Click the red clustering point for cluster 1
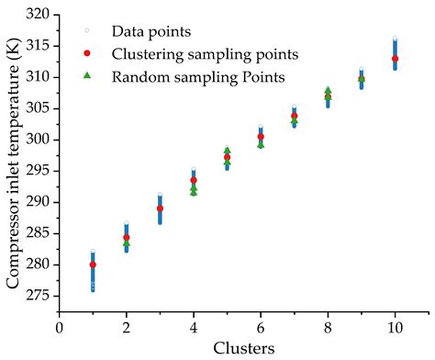tap(93, 264)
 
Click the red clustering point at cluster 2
tap(127, 238)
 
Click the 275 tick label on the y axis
tap(40, 296)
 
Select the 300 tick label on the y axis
tap(40, 140)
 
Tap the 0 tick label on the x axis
tap(60, 326)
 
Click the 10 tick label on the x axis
tap(395, 326)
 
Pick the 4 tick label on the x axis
tap(194, 326)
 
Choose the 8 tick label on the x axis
tap(328, 326)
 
